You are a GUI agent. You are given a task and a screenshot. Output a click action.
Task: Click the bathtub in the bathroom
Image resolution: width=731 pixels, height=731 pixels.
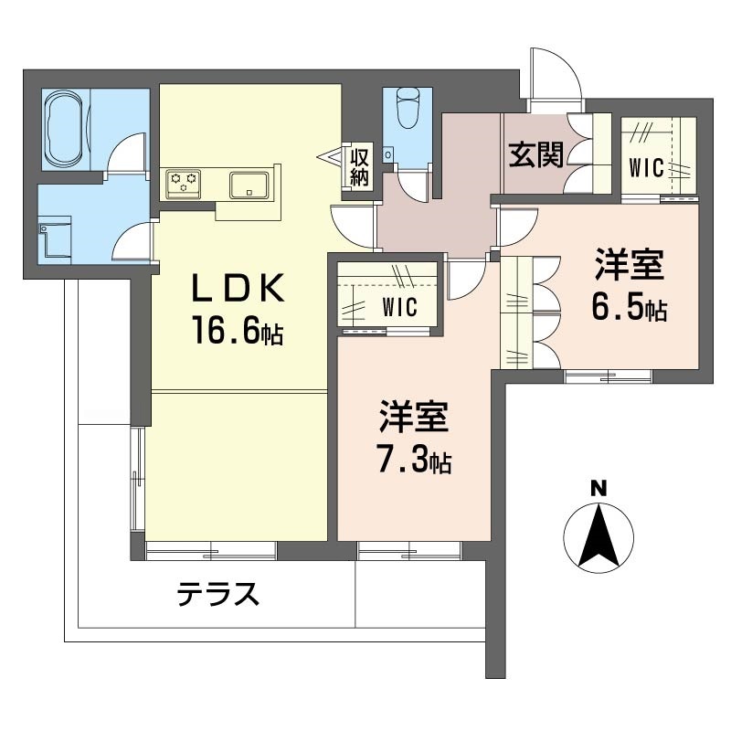click(66, 129)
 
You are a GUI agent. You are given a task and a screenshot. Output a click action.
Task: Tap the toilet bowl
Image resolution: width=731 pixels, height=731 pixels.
click(408, 108)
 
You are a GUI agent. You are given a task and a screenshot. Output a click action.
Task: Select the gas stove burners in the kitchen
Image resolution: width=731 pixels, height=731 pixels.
click(184, 183)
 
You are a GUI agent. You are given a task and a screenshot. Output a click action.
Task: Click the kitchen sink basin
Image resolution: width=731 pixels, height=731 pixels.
click(249, 185)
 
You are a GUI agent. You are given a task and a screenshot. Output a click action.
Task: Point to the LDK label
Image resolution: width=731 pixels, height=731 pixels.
click(238, 288)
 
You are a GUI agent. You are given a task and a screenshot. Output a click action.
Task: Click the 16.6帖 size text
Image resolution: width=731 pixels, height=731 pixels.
click(238, 330)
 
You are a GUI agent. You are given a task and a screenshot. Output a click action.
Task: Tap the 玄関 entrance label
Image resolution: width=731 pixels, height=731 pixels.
click(536, 154)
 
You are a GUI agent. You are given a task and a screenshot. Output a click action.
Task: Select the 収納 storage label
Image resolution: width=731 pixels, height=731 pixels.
click(359, 167)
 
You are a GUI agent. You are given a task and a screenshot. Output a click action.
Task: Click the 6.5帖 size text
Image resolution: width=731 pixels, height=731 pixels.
click(630, 307)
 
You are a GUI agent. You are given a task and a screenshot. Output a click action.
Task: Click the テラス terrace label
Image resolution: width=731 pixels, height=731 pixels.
click(217, 594)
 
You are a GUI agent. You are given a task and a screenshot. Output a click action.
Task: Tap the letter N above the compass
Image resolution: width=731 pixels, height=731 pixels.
click(599, 489)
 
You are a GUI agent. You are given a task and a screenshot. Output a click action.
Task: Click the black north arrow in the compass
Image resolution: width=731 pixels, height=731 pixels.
click(599, 535)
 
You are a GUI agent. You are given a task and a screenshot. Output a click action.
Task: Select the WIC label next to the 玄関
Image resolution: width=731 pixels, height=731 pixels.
click(646, 168)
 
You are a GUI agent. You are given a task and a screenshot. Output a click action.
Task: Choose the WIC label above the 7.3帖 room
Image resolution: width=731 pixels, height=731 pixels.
click(399, 307)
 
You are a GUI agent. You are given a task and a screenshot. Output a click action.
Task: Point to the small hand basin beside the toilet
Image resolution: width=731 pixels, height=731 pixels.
click(387, 154)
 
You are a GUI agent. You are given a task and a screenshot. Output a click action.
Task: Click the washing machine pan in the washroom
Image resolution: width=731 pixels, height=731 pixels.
click(55, 237)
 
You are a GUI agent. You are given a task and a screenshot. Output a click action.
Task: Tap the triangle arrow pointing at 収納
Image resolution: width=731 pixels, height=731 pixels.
click(330, 157)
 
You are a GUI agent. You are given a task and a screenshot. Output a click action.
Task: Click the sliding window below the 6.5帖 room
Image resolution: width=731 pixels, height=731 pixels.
click(608, 376)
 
